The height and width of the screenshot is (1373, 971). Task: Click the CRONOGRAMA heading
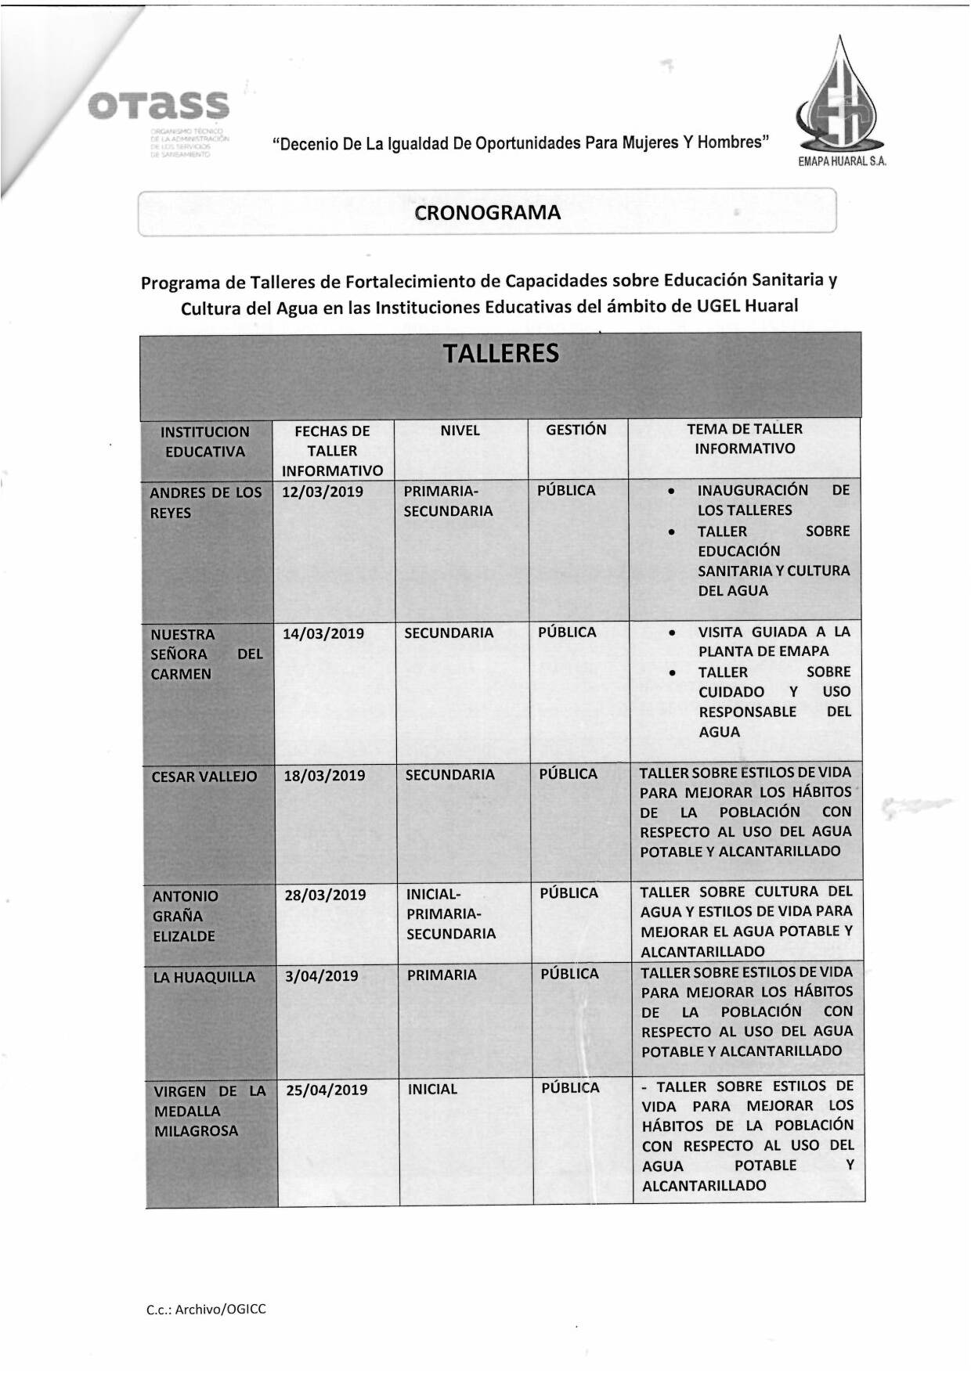[487, 213]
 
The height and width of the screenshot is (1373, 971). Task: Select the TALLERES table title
[501, 354]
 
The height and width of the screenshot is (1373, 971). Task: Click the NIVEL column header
[460, 431]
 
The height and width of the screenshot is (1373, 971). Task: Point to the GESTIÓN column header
[576, 430]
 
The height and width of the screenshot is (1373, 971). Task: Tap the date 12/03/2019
[323, 492]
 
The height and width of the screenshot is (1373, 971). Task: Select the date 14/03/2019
[323, 633]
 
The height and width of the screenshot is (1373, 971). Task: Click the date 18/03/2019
[324, 776]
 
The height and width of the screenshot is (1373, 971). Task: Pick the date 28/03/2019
[325, 895]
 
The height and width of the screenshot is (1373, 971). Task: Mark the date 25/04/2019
[327, 1090]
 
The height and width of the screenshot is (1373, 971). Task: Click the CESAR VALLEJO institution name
[204, 777]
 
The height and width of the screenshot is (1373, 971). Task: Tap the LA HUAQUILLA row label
[204, 977]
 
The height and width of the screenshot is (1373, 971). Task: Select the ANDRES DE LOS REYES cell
[205, 503]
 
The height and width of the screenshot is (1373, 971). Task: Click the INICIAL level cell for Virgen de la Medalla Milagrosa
[432, 1089]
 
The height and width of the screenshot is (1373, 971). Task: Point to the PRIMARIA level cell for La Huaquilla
[442, 975]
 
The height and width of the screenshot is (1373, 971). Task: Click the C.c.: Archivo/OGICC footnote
[206, 1309]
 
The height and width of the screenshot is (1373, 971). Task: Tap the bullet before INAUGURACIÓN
[672, 491]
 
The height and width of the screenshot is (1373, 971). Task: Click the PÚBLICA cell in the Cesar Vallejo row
[569, 774]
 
